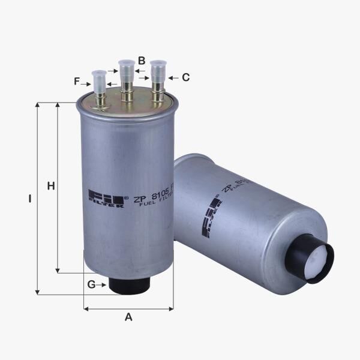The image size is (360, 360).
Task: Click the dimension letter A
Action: [128, 317]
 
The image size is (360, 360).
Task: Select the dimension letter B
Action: [142, 60]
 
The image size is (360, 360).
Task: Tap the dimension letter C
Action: [185, 77]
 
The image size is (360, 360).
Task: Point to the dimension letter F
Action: [77, 81]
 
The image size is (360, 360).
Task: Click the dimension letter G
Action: [91, 284]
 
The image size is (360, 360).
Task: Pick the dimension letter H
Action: [51, 186]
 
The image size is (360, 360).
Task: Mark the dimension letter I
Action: [29, 198]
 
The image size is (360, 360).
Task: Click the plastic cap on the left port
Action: [98, 79]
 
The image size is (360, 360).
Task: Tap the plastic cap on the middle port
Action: [127, 70]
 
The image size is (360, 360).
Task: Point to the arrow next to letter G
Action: [102, 284]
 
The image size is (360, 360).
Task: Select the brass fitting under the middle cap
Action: [127, 95]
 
